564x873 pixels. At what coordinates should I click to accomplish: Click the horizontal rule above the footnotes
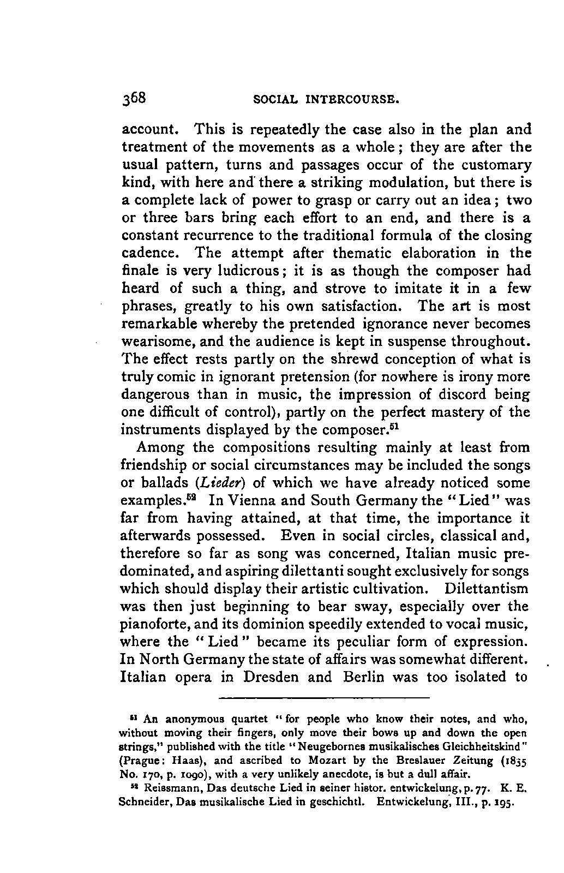coord(324,697)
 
